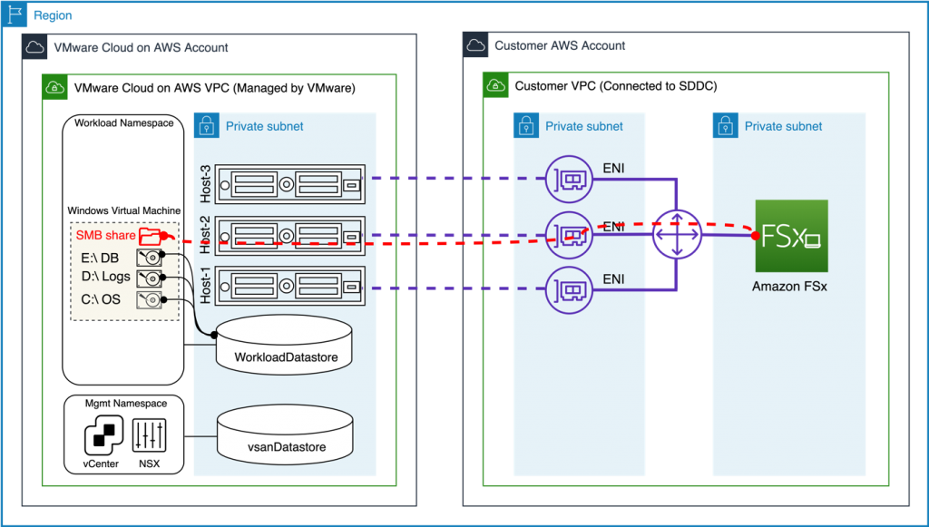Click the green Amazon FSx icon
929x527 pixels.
click(x=791, y=236)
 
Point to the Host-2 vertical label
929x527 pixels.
click(x=206, y=236)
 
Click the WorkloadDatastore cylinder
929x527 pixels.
click(x=286, y=345)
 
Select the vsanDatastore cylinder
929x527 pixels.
click(x=286, y=435)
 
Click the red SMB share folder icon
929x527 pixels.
click(x=154, y=236)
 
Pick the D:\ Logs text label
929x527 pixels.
click(x=105, y=277)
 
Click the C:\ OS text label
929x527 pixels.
click(x=101, y=299)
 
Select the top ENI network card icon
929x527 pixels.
click(x=568, y=179)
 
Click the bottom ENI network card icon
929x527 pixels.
click(x=568, y=289)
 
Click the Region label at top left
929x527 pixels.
click(x=53, y=16)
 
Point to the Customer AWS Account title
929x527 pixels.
click(x=559, y=45)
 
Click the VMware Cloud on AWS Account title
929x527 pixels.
click(x=141, y=47)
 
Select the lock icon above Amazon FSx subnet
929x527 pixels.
click(x=725, y=125)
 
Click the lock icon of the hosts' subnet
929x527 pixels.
click(x=206, y=125)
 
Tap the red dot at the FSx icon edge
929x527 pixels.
click(x=755, y=237)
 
